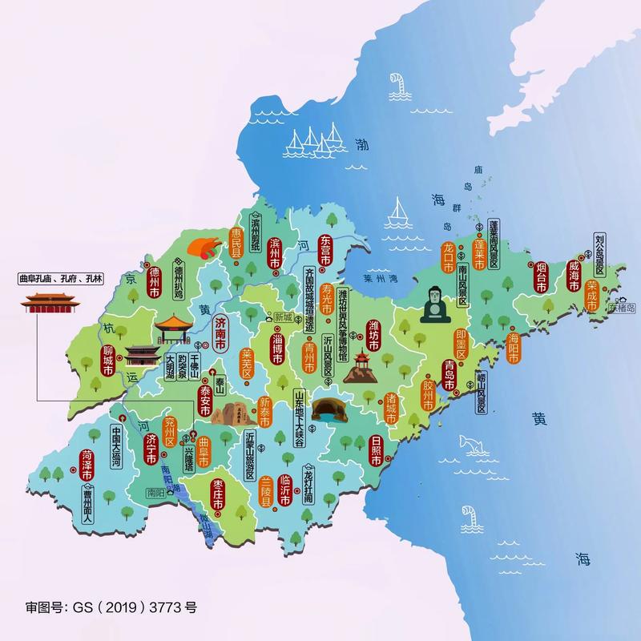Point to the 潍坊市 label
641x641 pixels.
pos(373,337)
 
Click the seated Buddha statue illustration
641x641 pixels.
pos(433,304)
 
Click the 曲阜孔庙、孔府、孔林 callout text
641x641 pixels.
pos(61,279)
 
